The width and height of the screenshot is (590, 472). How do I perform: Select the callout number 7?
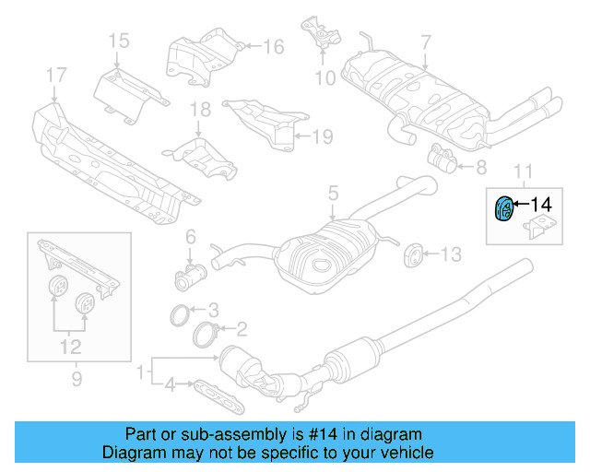pyautogui.click(x=425, y=41)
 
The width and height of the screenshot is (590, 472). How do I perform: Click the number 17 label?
pyautogui.click(x=55, y=75)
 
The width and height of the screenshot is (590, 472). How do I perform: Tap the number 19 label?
pyautogui.click(x=320, y=137)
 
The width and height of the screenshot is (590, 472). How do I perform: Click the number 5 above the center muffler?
pyautogui.click(x=333, y=194)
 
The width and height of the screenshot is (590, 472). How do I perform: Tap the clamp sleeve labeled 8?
pyautogui.click(x=445, y=162)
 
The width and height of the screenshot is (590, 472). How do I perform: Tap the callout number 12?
pyautogui.click(x=71, y=347)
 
